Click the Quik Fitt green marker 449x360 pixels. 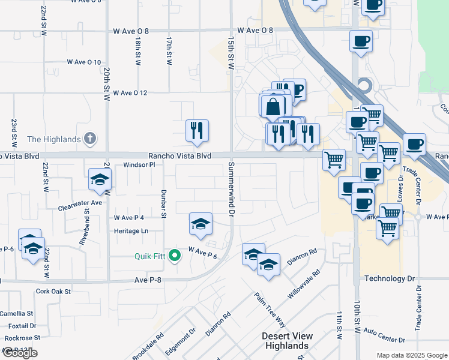point(175,256)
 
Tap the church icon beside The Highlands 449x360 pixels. point(90,139)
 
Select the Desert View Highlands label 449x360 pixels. point(294,341)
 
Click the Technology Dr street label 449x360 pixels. point(390,279)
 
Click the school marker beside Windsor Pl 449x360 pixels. point(100,179)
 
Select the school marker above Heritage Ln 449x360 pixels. point(200,224)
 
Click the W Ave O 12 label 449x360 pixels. point(126,92)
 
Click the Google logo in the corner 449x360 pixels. point(19,353)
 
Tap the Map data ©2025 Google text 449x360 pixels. point(412,355)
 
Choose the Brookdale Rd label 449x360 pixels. point(148,347)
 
